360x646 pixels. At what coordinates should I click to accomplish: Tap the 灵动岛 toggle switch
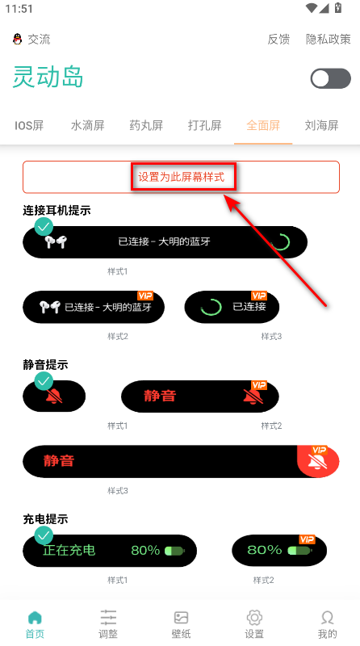(330, 78)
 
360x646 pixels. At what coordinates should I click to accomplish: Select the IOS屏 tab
(29, 125)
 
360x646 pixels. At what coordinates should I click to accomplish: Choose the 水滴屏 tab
(87, 125)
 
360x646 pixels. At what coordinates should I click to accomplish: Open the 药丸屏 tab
(146, 125)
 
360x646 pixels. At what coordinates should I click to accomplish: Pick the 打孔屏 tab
(204, 125)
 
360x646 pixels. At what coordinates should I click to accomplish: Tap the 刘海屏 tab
(321, 125)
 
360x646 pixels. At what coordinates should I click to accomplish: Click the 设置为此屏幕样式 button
(181, 176)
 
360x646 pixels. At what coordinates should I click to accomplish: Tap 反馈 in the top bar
(278, 39)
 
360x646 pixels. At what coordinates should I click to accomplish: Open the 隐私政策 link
(328, 39)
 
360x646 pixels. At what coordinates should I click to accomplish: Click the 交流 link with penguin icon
(31, 39)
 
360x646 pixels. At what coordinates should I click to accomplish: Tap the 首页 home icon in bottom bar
(35, 624)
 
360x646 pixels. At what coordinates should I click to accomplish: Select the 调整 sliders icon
(108, 624)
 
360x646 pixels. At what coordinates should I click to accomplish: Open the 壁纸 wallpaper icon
(182, 624)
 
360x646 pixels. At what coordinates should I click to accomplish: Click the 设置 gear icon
(254, 624)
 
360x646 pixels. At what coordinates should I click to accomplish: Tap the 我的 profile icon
(327, 624)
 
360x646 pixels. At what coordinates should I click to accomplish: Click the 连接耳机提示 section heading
(57, 211)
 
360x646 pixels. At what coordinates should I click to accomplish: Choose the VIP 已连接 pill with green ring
(232, 307)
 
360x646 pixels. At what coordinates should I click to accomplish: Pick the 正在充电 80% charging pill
(110, 551)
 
